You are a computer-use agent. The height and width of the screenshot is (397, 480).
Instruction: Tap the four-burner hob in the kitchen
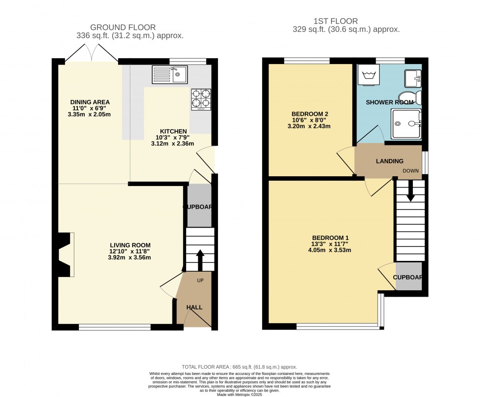click(200, 98)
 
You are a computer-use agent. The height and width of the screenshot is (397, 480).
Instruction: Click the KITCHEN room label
click(173, 131)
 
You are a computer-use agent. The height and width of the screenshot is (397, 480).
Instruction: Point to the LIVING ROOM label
click(130, 245)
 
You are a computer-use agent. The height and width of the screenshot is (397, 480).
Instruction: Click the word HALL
click(194, 307)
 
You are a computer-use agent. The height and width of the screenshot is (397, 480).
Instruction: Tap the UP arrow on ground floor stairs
click(200, 260)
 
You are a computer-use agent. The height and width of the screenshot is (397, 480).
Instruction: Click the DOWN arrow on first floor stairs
click(410, 190)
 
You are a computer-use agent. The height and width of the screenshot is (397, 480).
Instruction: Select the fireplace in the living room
click(65, 255)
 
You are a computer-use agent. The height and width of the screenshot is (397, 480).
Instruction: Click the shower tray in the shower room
click(406, 124)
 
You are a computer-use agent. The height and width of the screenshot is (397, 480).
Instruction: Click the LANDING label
click(389, 161)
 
